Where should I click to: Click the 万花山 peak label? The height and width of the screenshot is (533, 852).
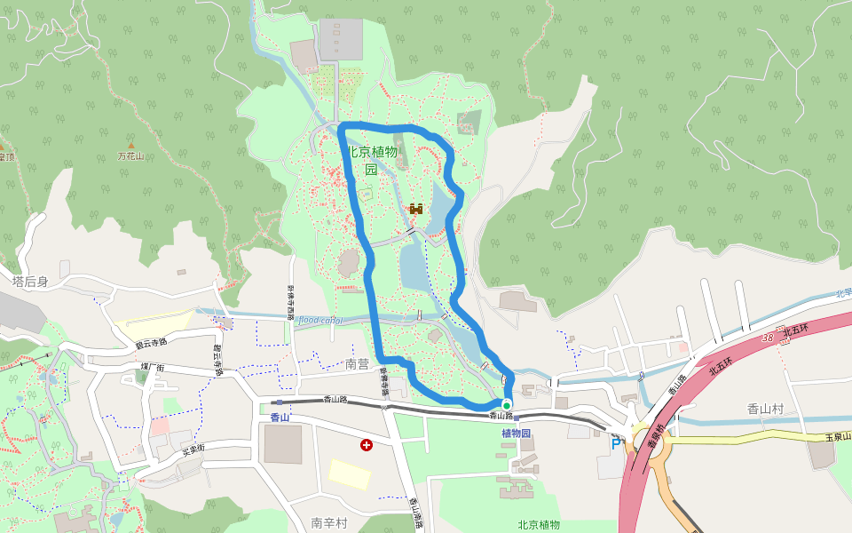point(130,156)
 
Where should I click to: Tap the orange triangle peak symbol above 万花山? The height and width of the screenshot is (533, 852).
point(131,145)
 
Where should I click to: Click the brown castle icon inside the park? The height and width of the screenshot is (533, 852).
point(415,209)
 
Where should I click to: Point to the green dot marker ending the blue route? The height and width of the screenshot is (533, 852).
point(507,405)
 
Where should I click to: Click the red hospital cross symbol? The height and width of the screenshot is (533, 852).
point(366,444)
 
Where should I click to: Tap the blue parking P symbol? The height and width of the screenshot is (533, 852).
point(616,442)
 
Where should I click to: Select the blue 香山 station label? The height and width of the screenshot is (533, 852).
point(280,418)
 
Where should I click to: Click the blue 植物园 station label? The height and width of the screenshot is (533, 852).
point(516,434)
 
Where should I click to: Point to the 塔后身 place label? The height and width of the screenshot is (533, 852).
point(30,282)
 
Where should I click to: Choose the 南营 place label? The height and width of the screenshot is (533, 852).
point(357,364)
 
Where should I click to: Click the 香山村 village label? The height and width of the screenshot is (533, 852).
point(764,409)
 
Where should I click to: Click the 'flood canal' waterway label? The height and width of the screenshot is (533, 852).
point(319,320)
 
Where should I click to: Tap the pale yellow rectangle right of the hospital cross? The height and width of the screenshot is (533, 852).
point(350,473)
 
